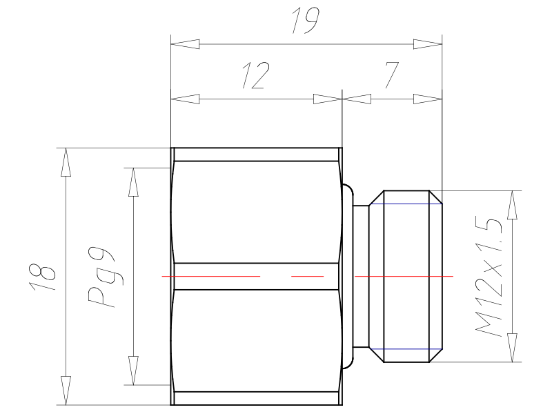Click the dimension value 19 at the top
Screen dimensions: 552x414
(x=306, y=21)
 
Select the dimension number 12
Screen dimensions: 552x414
(x=256, y=75)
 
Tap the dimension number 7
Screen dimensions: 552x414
(x=391, y=75)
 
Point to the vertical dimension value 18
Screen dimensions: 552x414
(x=43, y=277)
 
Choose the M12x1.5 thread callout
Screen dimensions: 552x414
(x=489, y=277)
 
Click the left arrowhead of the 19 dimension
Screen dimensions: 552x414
(x=185, y=44)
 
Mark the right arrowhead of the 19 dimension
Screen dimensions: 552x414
(x=427, y=44)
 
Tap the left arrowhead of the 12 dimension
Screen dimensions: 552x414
(x=185, y=99)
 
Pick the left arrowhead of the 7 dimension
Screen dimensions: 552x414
(x=357, y=99)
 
